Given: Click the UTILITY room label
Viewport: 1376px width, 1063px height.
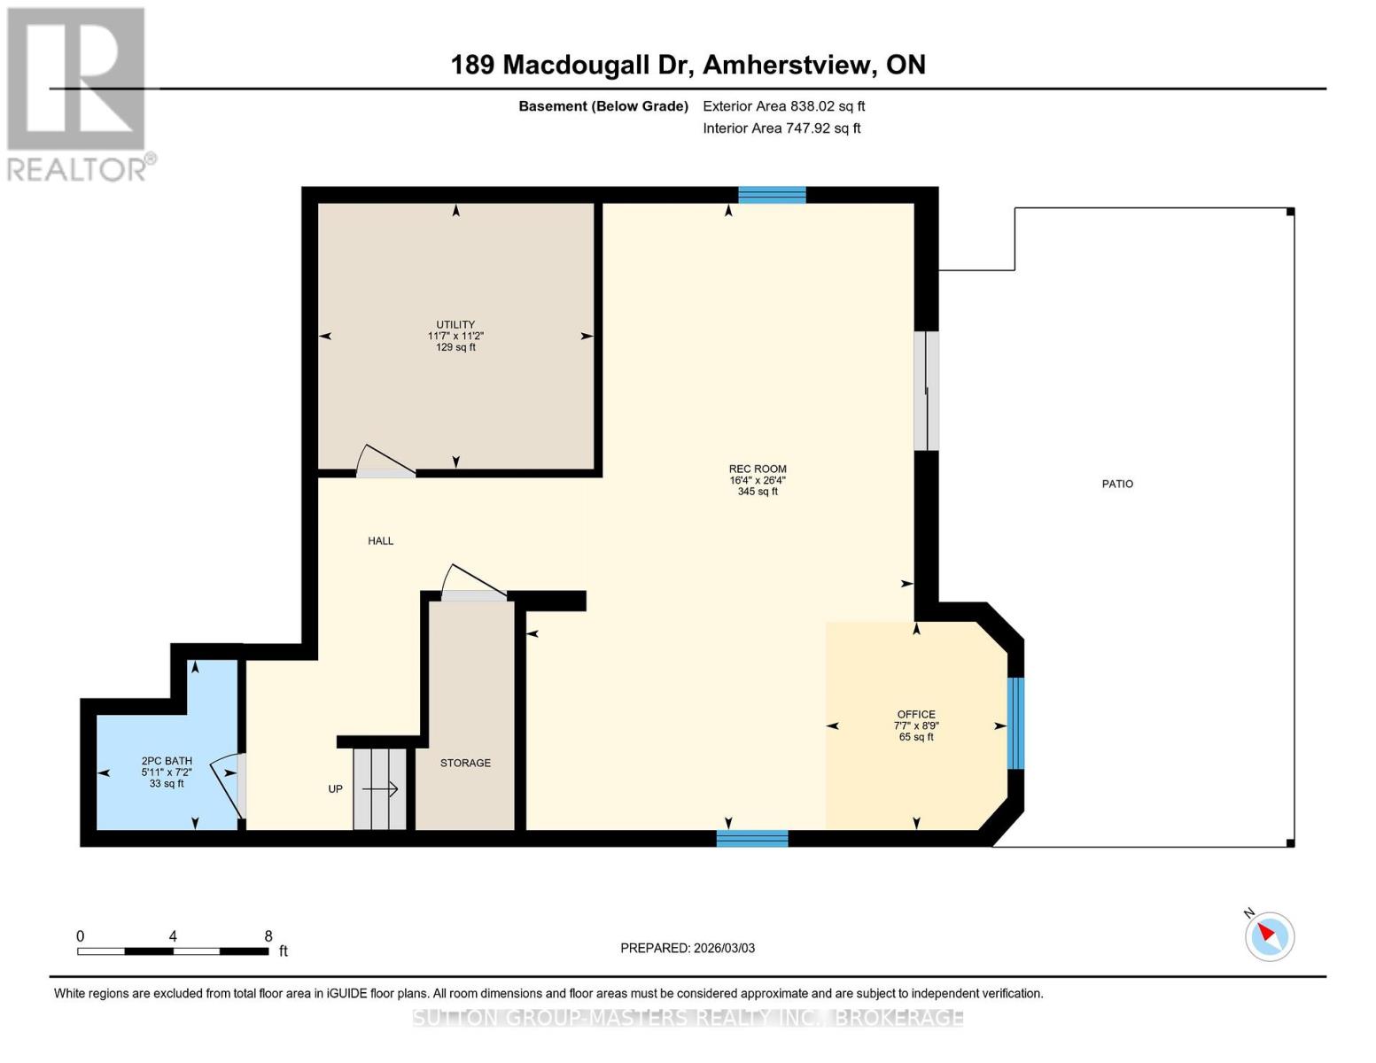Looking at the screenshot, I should coord(455,324).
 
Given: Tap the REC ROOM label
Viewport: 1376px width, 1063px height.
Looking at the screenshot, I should coord(758,469).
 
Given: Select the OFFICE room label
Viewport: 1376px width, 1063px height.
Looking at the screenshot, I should coord(916,714).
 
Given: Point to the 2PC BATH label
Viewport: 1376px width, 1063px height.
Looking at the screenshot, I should coord(167,761).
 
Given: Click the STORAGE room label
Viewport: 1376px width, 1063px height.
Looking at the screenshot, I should coord(465,763).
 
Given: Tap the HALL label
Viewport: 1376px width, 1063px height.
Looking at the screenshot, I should coord(381,540).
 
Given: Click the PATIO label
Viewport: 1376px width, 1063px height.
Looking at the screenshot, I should coord(1117,484).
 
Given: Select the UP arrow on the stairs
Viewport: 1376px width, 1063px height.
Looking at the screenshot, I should coord(379,788).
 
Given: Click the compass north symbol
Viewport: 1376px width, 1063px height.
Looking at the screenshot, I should coord(1269,935).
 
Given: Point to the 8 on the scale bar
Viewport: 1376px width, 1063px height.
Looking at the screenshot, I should coord(268,936).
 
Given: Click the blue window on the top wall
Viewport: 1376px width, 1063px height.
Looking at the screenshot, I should coord(772,195).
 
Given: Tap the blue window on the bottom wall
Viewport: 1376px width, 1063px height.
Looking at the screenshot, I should coord(751,838).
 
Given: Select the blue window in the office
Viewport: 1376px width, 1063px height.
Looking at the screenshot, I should coord(1015,723).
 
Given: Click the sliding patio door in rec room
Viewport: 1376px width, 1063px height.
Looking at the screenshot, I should coord(926,391).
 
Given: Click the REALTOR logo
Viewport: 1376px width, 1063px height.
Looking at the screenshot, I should coord(78,93).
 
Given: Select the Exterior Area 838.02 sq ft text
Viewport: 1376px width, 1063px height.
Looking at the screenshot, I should coord(783,106).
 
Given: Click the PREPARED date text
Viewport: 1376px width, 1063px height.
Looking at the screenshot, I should coord(688,948).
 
